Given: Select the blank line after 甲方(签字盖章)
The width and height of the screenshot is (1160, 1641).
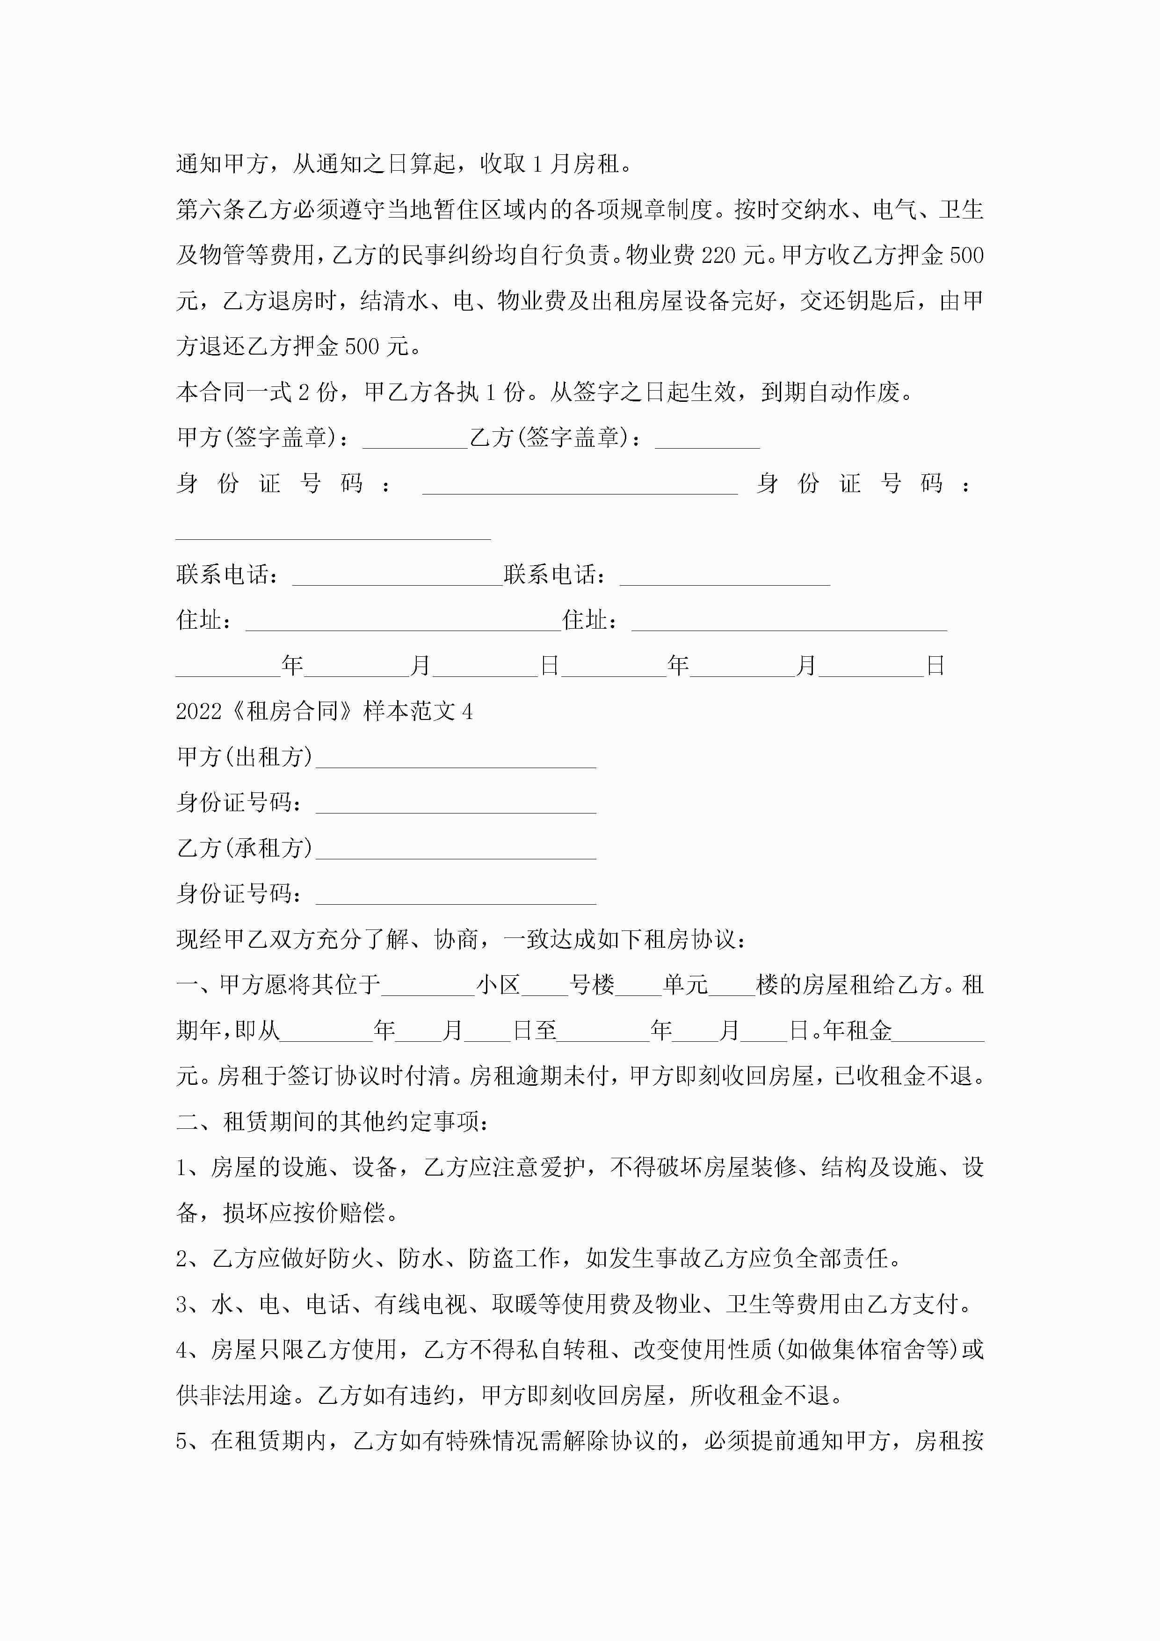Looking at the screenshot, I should [414, 439].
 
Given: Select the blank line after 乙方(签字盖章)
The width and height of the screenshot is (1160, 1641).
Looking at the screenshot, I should [707, 439].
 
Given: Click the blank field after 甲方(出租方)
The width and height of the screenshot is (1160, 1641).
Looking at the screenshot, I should [456, 758].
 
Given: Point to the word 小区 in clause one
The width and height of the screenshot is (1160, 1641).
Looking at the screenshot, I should [498, 986].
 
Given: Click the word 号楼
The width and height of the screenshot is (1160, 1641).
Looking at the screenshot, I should [592, 986].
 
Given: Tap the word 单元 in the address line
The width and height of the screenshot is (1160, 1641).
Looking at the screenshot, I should [685, 986].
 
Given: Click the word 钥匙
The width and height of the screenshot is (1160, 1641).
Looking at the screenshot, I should [869, 301].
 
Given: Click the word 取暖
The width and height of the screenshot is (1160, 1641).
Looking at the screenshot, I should [515, 1304].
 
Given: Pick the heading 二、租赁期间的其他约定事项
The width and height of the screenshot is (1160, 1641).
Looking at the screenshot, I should [333, 1121].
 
